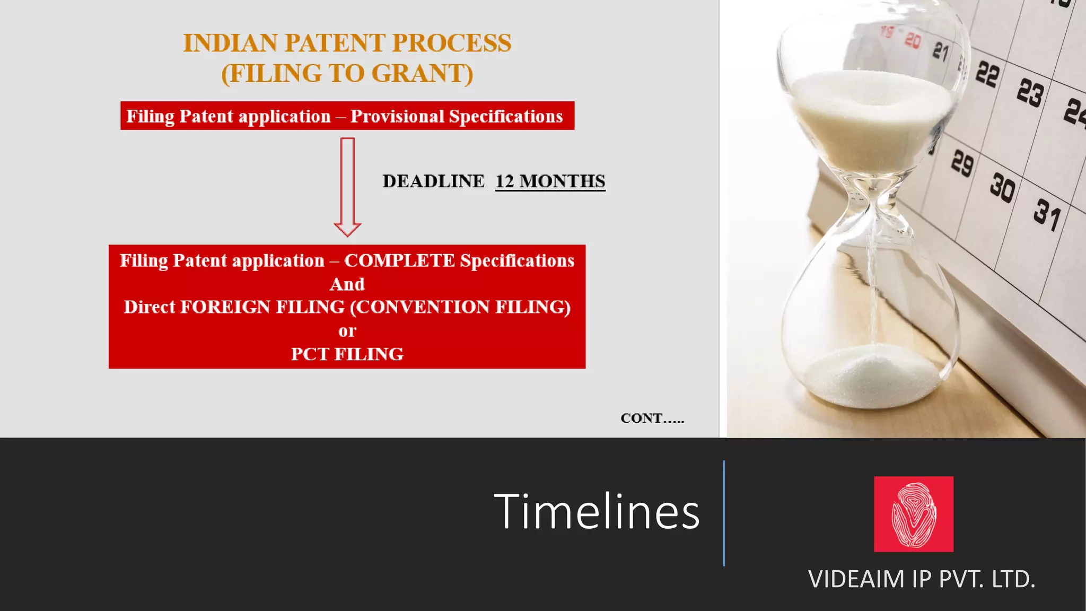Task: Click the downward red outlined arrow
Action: pyautogui.click(x=347, y=186)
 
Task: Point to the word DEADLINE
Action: pyautogui.click(x=433, y=181)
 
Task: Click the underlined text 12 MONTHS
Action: pyautogui.click(x=550, y=181)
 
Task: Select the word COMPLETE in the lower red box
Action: pyautogui.click(x=399, y=260)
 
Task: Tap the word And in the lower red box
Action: pyautogui.click(x=347, y=284)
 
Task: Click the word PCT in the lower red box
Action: pyautogui.click(x=310, y=354)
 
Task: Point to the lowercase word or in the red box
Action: pyautogui.click(x=347, y=331)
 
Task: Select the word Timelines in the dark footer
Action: pyautogui.click(x=597, y=512)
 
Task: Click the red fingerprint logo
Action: pyautogui.click(x=913, y=514)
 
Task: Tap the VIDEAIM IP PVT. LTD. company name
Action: pyautogui.click(x=921, y=579)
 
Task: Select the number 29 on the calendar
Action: pyautogui.click(x=962, y=162)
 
